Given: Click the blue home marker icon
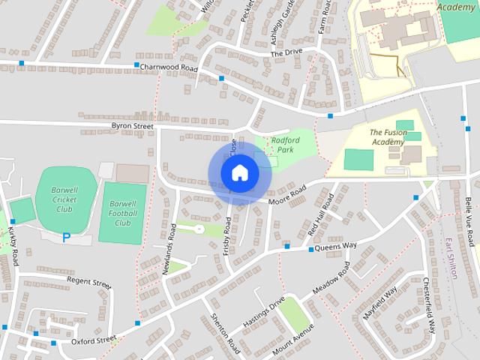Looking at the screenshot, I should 239,173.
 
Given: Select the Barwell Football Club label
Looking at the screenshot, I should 120,213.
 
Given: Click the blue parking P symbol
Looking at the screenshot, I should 66,237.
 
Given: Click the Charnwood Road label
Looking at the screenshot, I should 168,67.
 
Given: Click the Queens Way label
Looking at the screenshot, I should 335,246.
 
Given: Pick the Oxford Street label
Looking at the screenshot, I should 94,340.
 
